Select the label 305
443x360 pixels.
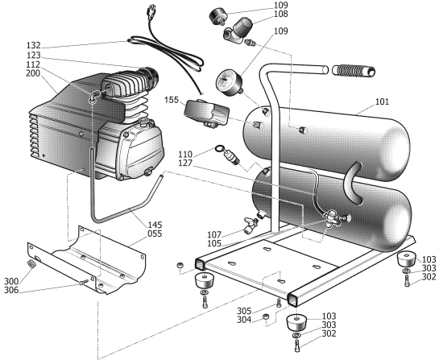coord(242,311)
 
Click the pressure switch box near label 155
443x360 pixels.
coord(207,112)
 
